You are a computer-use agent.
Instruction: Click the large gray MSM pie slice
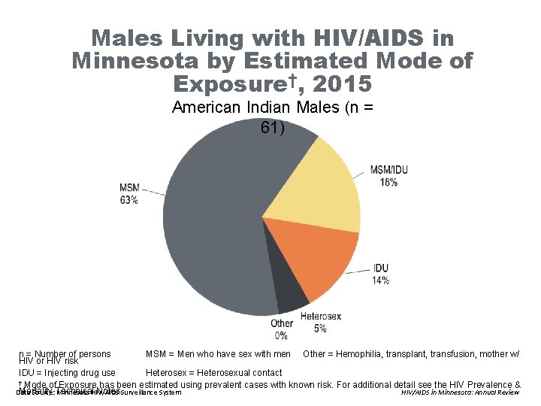pyautogui.click(x=218, y=218)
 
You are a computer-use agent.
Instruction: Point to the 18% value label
pyautogui.click(x=388, y=182)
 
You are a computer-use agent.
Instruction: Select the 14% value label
pyautogui.click(x=380, y=280)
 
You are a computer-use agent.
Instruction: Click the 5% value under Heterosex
pyautogui.click(x=320, y=328)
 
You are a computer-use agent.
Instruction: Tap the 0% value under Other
pyautogui.click(x=281, y=335)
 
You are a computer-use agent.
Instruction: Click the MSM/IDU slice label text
pyautogui.click(x=388, y=170)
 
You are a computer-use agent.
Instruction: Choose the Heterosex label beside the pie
pyautogui.click(x=320, y=317)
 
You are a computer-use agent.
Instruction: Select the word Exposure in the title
pyautogui.click(x=234, y=83)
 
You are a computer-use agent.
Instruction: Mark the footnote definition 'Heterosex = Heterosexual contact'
pyautogui.click(x=213, y=372)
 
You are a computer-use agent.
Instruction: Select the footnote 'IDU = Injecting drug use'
pyautogui.click(x=67, y=372)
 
